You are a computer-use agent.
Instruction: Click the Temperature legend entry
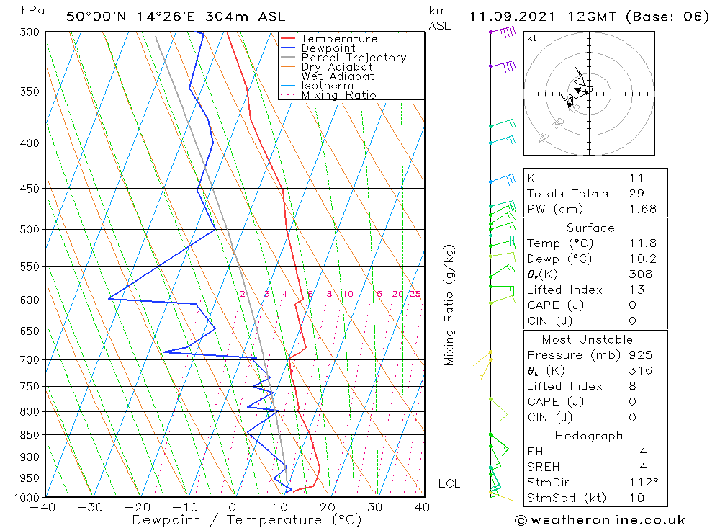click(x=338, y=39)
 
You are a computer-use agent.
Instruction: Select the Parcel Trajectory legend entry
click(x=354, y=58)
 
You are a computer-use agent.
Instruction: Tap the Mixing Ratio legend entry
click(x=338, y=95)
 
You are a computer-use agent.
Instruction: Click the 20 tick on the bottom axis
click(x=328, y=507)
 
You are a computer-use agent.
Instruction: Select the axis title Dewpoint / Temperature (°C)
click(x=247, y=519)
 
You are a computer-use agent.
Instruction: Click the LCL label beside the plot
click(x=449, y=484)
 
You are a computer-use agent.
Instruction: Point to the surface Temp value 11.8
click(x=640, y=243)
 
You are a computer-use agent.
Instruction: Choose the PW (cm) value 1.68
click(x=640, y=209)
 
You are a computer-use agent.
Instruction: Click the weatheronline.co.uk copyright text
click(x=600, y=519)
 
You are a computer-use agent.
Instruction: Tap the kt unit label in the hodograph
click(x=532, y=38)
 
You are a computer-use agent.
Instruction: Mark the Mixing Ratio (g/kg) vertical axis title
click(x=450, y=305)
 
